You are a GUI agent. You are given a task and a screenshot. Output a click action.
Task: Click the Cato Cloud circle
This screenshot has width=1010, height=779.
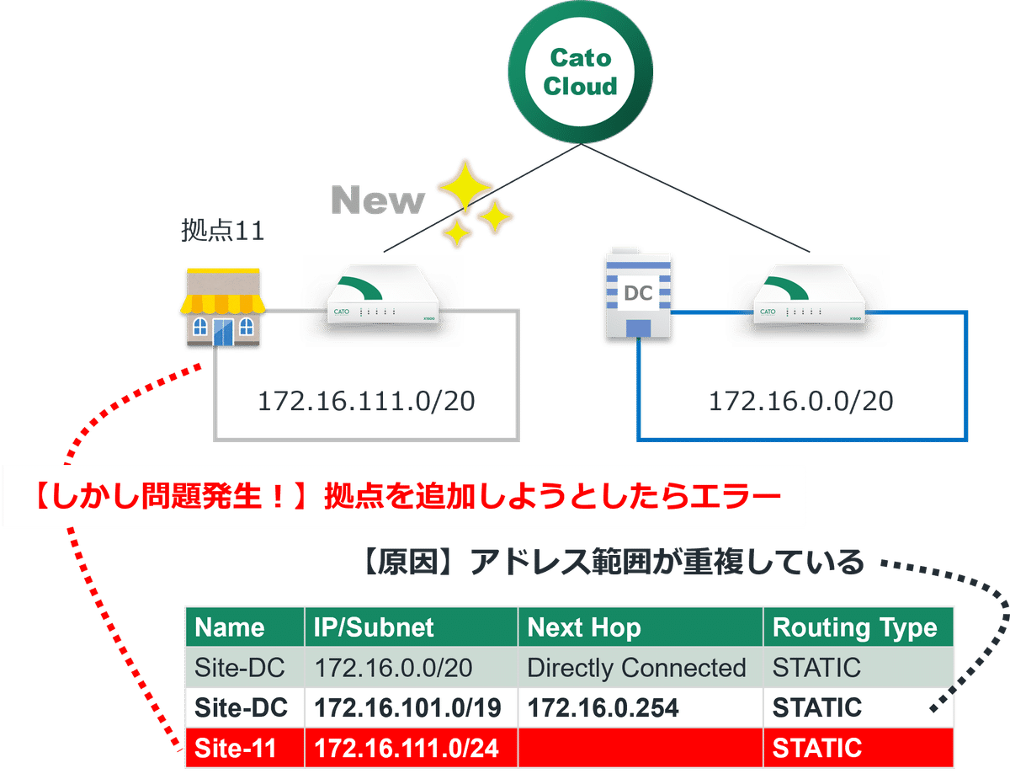click(579, 72)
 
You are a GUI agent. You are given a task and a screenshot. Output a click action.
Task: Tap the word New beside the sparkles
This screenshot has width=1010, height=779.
click(378, 200)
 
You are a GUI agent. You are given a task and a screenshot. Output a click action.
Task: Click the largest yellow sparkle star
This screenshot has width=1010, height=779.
click(460, 184)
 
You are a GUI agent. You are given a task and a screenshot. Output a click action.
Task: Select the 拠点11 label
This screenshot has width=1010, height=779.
click(223, 231)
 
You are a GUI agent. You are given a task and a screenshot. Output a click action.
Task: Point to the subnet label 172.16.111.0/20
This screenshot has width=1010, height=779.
click(366, 402)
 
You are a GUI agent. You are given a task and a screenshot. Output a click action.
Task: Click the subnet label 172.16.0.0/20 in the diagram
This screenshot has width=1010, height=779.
click(800, 402)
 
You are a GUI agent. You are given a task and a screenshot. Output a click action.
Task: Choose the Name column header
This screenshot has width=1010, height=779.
click(230, 627)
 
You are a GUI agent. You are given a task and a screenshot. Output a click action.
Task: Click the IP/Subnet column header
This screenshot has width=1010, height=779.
click(374, 627)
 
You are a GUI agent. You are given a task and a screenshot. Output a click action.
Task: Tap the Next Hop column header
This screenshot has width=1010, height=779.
click(583, 627)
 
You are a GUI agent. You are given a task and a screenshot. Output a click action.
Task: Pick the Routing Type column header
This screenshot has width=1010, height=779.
click(854, 627)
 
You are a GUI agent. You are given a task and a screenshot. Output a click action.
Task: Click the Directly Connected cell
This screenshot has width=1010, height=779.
click(636, 668)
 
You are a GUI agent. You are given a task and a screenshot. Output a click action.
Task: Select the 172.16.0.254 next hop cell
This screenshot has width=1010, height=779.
click(603, 708)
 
